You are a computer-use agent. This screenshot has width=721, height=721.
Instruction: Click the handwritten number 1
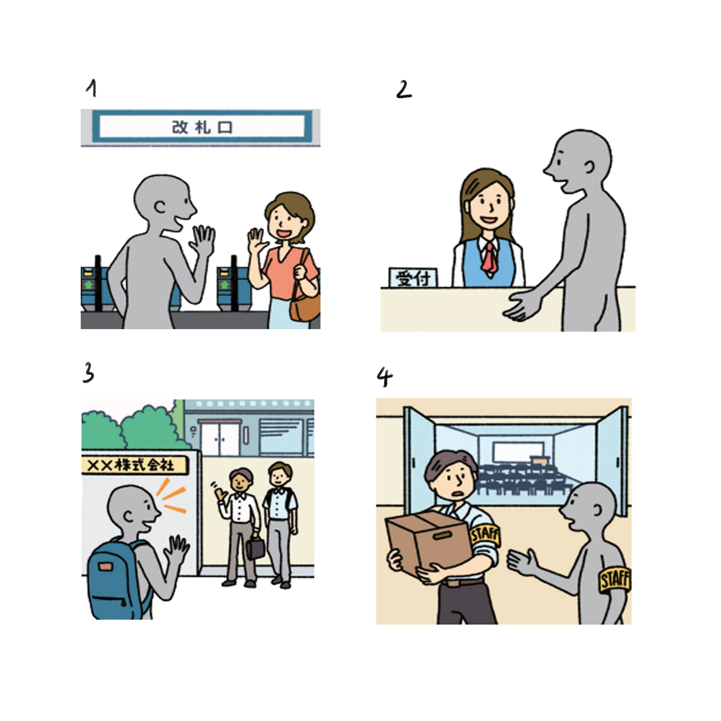pos(92,88)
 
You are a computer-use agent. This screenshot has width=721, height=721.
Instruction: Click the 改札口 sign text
pos(202,128)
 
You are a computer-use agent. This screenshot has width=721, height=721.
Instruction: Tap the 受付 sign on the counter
pos(413,278)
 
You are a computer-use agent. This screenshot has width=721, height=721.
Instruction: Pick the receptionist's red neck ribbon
pos(490,258)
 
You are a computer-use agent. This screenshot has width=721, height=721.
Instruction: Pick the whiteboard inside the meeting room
pos(518,452)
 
